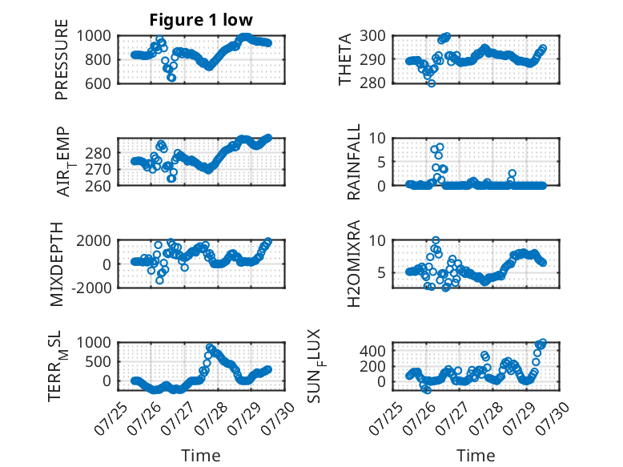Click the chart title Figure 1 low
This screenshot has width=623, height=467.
(201, 20)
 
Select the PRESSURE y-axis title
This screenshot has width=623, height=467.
(62, 59)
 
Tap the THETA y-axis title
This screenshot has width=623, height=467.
(345, 59)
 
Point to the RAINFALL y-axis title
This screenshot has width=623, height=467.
(353, 162)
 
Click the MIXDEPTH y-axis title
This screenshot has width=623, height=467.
(57, 264)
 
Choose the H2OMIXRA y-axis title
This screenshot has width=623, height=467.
(353, 264)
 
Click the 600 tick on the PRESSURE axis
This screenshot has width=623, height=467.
(98, 83)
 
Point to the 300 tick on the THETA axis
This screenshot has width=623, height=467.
(372, 36)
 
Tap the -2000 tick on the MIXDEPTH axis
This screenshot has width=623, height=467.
(91, 288)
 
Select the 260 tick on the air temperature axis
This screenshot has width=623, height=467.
(98, 186)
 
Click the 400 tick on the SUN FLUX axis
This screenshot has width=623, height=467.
(372, 351)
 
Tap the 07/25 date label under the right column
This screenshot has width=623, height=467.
(386, 417)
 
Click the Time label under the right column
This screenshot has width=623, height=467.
(476, 456)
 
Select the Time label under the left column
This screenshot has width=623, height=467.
(201, 456)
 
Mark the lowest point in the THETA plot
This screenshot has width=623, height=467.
(432, 83)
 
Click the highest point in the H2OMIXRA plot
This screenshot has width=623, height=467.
(436, 240)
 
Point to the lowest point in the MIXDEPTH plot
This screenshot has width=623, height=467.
(159, 280)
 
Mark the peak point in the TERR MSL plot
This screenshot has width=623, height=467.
(210, 347)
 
